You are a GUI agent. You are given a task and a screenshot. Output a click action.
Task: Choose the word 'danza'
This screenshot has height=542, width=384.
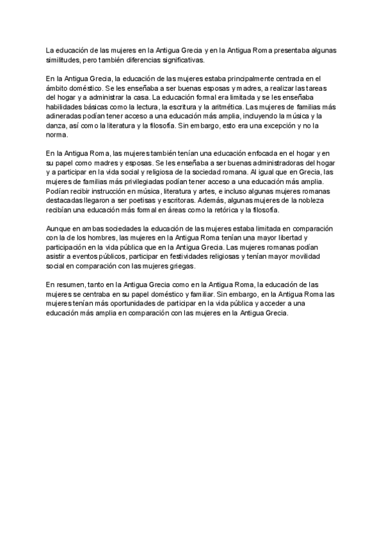tap(56, 126)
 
